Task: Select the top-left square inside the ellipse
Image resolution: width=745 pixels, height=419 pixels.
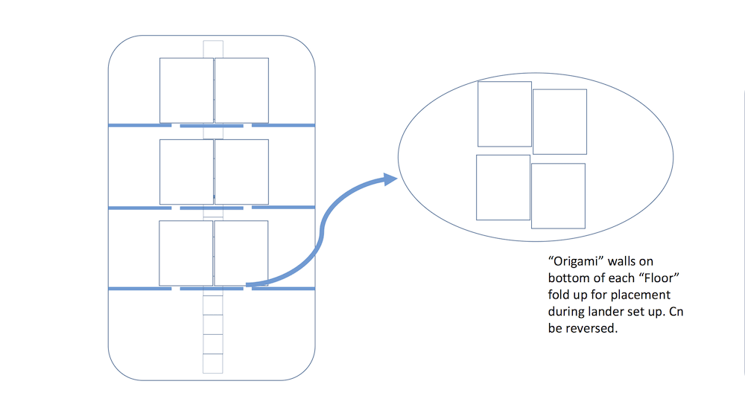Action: pos(504,114)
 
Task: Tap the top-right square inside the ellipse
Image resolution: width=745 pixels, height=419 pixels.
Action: pos(559,121)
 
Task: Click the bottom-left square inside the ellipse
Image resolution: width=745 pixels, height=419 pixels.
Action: pos(503,188)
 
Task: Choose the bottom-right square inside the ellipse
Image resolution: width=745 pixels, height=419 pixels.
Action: pos(558,196)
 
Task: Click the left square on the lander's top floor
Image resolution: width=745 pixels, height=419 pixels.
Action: pos(186,91)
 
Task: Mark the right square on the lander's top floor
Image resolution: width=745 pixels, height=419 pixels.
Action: pos(241,91)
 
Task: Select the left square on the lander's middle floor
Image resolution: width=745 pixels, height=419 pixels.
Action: pos(186,172)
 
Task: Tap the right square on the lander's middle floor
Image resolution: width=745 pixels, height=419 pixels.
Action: pos(241,172)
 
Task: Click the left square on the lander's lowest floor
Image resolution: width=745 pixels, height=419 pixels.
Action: pos(186,253)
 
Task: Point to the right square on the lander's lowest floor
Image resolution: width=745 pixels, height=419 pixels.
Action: pos(241,253)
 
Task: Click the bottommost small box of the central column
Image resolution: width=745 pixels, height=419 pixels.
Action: pos(213,363)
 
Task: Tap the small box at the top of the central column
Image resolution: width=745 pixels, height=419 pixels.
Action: pos(213,49)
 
